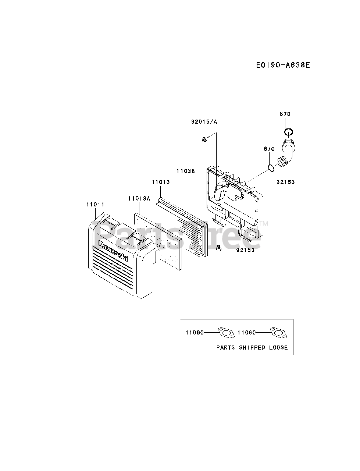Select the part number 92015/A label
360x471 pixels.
click(x=204, y=122)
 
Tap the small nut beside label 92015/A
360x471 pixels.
click(x=204, y=139)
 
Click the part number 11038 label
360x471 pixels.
click(x=185, y=171)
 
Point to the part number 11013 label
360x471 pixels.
click(x=161, y=182)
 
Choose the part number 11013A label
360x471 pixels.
click(x=139, y=199)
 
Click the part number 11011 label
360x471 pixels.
click(x=96, y=204)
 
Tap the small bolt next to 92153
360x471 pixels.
click(x=219, y=249)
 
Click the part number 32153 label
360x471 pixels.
click(x=286, y=182)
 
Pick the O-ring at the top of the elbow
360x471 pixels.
click(x=289, y=132)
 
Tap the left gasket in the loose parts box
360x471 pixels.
click(x=225, y=332)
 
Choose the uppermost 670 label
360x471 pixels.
click(x=285, y=114)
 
